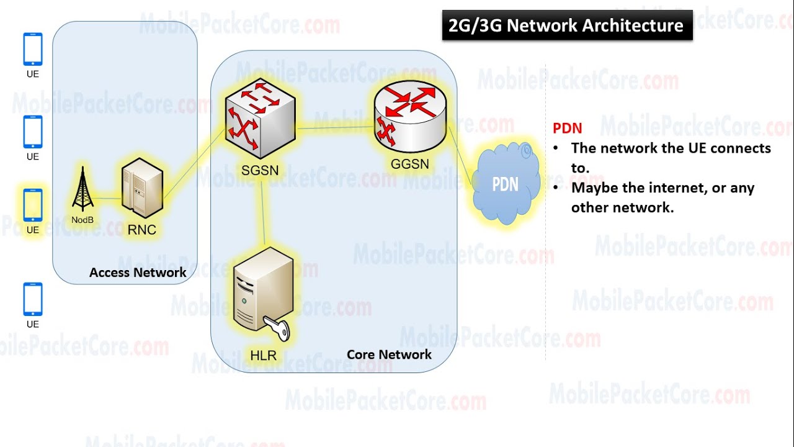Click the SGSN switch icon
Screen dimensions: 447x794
coord(260,120)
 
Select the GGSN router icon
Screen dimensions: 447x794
coord(410,118)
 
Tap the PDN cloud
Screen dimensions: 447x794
coord(505,184)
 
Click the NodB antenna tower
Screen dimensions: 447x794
coord(83,189)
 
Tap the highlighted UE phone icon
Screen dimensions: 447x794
coord(33,205)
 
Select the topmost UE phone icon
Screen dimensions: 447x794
coord(33,49)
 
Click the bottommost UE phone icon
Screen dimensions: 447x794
coord(33,299)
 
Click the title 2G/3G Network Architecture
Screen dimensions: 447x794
coord(566,26)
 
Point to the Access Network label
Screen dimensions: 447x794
coord(138,273)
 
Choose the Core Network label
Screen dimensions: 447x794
coord(389,354)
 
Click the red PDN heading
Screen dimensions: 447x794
coord(567,129)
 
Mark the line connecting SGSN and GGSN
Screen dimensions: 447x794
coord(335,127)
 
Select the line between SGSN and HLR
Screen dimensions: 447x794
coord(264,211)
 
